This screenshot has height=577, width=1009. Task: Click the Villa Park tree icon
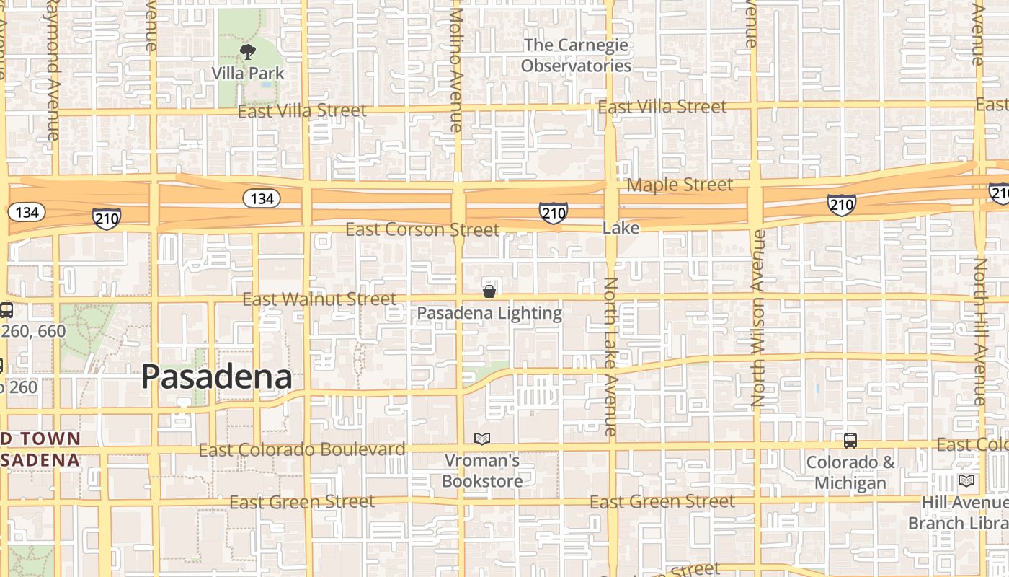pyautogui.click(x=248, y=52)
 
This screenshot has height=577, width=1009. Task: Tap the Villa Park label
pyautogui.click(x=248, y=74)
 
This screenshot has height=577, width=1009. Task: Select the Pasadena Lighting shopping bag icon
pyautogui.click(x=489, y=291)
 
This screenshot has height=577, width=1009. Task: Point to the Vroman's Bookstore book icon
pyautogui.click(x=482, y=439)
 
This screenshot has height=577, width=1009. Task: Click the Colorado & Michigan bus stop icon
pyautogui.click(x=850, y=440)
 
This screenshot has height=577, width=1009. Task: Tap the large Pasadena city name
pyautogui.click(x=216, y=376)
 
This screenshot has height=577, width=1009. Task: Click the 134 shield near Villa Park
pyautogui.click(x=261, y=198)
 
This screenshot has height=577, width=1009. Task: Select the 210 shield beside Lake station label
pyautogui.click(x=553, y=213)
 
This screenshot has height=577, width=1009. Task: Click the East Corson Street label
pyautogui.click(x=422, y=230)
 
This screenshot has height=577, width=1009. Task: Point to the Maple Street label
pyautogui.click(x=679, y=185)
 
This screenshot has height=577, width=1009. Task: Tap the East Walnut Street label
pyautogui.click(x=319, y=299)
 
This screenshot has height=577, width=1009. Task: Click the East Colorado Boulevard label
pyautogui.click(x=302, y=450)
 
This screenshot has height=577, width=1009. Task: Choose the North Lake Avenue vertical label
pyautogui.click(x=610, y=356)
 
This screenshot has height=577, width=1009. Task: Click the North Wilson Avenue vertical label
pyautogui.click(x=757, y=317)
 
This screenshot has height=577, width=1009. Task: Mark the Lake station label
pyautogui.click(x=621, y=228)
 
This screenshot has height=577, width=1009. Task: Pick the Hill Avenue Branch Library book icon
pyautogui.click(x=966, y=480)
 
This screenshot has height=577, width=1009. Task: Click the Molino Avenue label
pyautogui.click(x=455, y=69)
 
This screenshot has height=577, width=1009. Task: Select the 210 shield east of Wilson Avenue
pyautogui.click(x=841, y=205)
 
